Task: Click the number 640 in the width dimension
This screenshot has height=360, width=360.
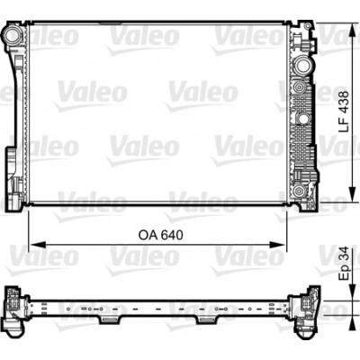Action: (172, 235)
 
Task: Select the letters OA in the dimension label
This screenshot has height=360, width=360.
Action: (148, 235)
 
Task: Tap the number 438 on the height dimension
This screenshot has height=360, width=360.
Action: (344, 103)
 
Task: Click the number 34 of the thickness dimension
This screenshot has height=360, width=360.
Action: (344, 254)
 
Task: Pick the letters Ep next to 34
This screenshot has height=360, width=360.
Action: (344, 273)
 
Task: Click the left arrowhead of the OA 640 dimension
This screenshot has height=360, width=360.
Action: (38, 245)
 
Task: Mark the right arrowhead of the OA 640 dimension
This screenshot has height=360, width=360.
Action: (276, 245)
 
